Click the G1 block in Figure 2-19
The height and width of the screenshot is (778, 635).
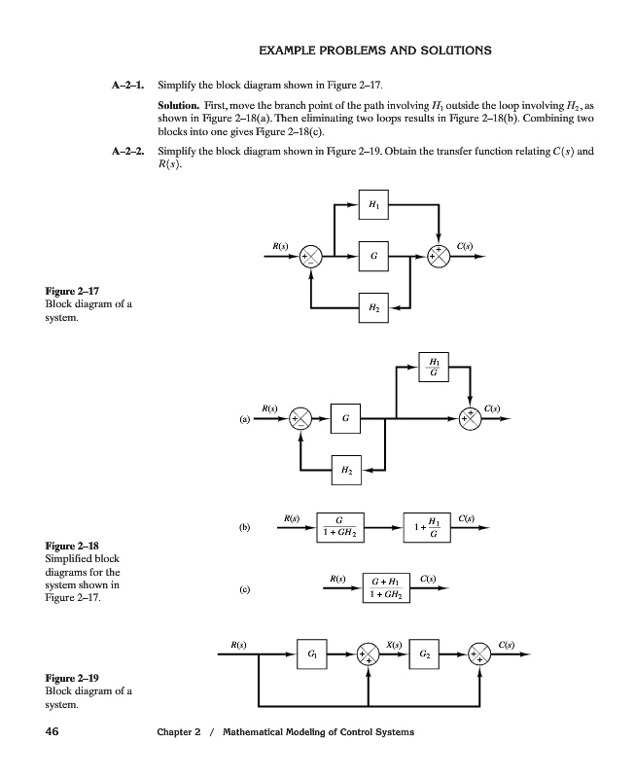pyautogui.click(x=311, y=654)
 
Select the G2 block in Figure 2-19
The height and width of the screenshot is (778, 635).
pyautogui.click(x=424, y=654)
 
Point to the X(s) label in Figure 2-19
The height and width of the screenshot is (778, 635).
pyautogui.click(x=395, y=644)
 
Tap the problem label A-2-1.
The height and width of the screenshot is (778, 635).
pyautogui.click(x=127, y=85)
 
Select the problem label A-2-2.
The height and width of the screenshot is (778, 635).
pyautogui.click(x=127, y=152)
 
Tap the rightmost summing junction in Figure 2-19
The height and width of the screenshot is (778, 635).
pyautogui.click(x=480, y=654)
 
